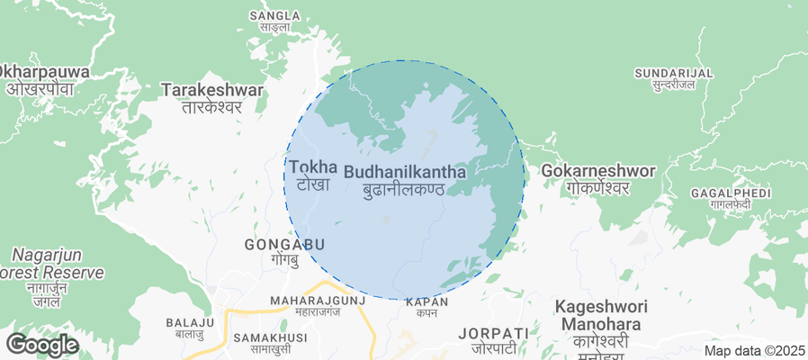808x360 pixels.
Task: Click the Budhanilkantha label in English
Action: pyautogui.click(x=405, y=170)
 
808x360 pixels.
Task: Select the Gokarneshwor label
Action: pyautogui.click(x=586, y=170)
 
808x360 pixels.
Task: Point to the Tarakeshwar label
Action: pyautogui.click(x=212, y=90)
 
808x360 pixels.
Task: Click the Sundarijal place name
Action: pyautogui.click(x=673, y=73)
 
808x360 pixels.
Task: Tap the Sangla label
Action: pyautogui.click(x=274, y=16)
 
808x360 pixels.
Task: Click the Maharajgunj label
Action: pyautogui.click(x=319, y=300)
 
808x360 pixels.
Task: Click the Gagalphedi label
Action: pyautogui.click(x=731, y=193)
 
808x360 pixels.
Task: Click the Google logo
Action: pyautogui.click(x=42, y=344)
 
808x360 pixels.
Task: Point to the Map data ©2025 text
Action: pyautogui.click(x=754, y=351)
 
